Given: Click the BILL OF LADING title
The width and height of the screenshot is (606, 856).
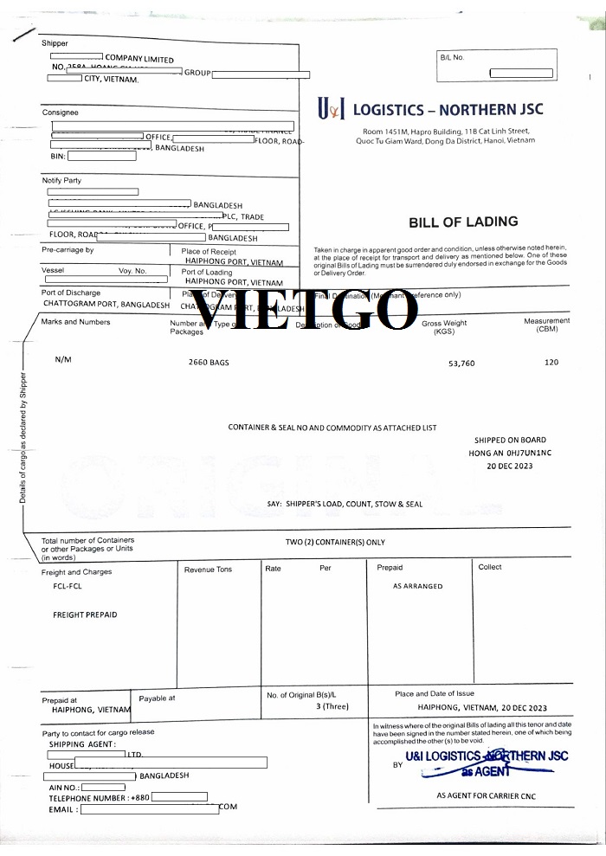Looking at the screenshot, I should [x=463, y=222].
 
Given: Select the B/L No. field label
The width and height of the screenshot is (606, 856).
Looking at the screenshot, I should [x=452, y=57].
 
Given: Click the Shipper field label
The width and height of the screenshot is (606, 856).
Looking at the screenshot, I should [x=55, y=43].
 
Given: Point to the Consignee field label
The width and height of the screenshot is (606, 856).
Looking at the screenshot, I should [x=60, y=113].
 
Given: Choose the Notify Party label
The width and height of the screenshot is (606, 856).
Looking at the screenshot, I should [x=61, y=180].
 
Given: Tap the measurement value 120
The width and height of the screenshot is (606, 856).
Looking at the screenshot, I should [x=551, y=362].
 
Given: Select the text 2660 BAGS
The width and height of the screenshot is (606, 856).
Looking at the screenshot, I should [x=209, y=362].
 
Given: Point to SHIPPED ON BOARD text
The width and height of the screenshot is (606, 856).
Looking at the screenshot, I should [x=509, y=441].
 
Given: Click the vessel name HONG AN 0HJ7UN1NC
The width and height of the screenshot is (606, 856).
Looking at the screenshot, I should [x=510, y=453].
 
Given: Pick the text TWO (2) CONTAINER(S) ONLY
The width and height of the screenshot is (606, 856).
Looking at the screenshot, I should [x=335, y=543].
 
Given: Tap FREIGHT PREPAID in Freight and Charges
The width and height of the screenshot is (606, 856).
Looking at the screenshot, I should [x=85, y=615].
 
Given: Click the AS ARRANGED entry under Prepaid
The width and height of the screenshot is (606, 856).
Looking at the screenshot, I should [x=417, y=586].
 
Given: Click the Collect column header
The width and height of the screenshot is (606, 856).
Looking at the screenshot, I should [x=490, y=567].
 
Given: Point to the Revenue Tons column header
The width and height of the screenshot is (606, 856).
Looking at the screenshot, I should [x=208, y=570].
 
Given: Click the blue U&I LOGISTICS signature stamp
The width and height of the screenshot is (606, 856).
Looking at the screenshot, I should [x=480, y=762].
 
